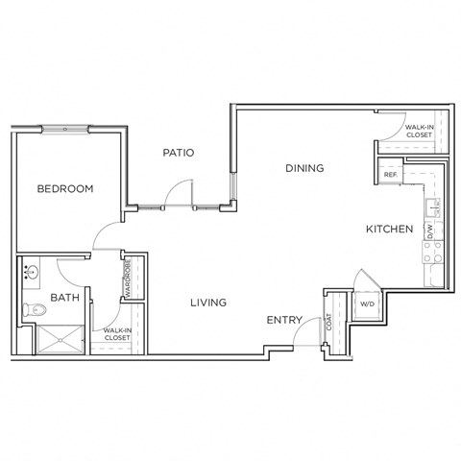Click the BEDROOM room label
(65, 189)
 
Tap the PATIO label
(179, 152)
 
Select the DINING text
(304, 168)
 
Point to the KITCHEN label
(389, 230)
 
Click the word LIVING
(207, 303)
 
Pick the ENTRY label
(285, 320)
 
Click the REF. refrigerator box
(391, 174)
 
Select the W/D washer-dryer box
(367, 305)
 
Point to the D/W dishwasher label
(431, 230)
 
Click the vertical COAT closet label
(329, 324)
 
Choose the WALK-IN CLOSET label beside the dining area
(419, 131)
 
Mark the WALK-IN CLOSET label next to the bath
(117, 333)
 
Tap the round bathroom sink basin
(27, 272)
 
